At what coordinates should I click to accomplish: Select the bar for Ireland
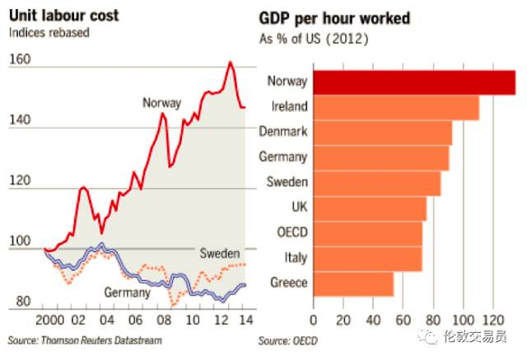[x=396, y=107]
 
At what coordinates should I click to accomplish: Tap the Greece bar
[x=353, y=283]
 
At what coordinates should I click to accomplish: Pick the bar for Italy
[x=367, y=258]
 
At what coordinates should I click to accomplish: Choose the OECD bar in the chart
[x=367, y=233]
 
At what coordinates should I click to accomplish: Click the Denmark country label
[x=282, y=132]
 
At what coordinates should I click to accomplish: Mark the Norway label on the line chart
[x=161, y=103]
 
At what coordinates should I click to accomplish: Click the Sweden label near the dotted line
[x=220, y=253]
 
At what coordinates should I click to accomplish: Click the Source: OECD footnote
[x=287, y=340]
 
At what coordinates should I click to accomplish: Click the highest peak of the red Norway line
[x=231, y=63]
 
